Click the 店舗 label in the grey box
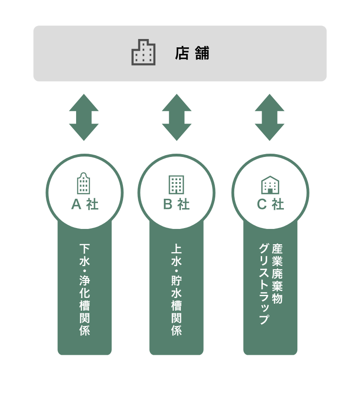click(192, 53)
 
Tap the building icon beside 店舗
click(143, 52)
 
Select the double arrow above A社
click(84, 117)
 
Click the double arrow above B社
click(177, 117)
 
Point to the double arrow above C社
click(270, 117)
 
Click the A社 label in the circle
click(84, 204)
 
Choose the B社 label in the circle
click(176, 204)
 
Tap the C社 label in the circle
click(270, 204)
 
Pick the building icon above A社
click(84, 183)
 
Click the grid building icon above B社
click(176, 184)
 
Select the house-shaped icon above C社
click(270, 185)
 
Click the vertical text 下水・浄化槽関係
click(84, 290)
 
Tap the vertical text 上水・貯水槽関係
click(176, 290)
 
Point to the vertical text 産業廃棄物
click(277, 274)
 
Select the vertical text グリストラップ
click(264, 284)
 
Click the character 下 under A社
click(84, 249)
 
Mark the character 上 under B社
click(176, 249)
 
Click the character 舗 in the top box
click(202, 53)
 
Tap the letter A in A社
click(76, 204)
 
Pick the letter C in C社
click(262, 204)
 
